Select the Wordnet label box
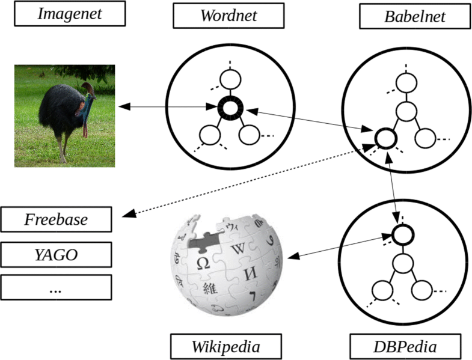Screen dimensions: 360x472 tap(228, 16)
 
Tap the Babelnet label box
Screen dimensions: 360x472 tap(415, 16)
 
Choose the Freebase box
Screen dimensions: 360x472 tap(56, 219)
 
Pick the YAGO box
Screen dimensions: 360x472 tap(56, 255)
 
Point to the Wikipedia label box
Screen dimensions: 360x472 tap(226, 346)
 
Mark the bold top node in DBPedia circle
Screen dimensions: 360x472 tap(404, 233)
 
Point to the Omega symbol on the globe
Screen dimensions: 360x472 tap(203, 262)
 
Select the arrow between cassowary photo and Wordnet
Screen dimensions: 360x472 tap(168, 108)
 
